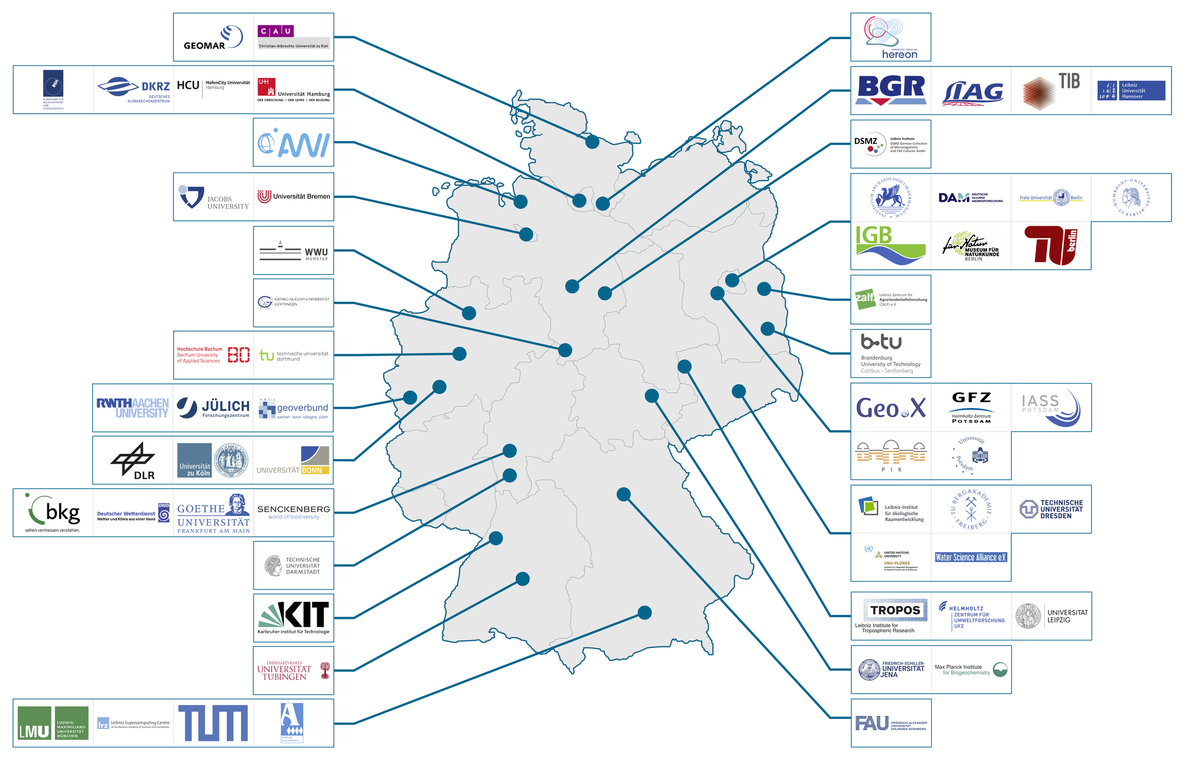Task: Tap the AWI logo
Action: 294,143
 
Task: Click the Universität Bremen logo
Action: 294,197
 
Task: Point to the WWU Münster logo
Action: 294,251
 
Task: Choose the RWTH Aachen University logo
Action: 133,408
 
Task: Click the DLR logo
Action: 133,461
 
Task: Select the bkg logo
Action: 53,513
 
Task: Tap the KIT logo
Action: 294,618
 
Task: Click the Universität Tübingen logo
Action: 294,671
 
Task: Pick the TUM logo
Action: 213,723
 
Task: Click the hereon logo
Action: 890,37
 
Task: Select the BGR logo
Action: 891,90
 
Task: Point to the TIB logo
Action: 1051,90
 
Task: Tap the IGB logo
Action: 890,244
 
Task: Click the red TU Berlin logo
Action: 1051,245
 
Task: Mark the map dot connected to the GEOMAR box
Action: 592,142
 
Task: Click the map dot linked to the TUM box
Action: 645,612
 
